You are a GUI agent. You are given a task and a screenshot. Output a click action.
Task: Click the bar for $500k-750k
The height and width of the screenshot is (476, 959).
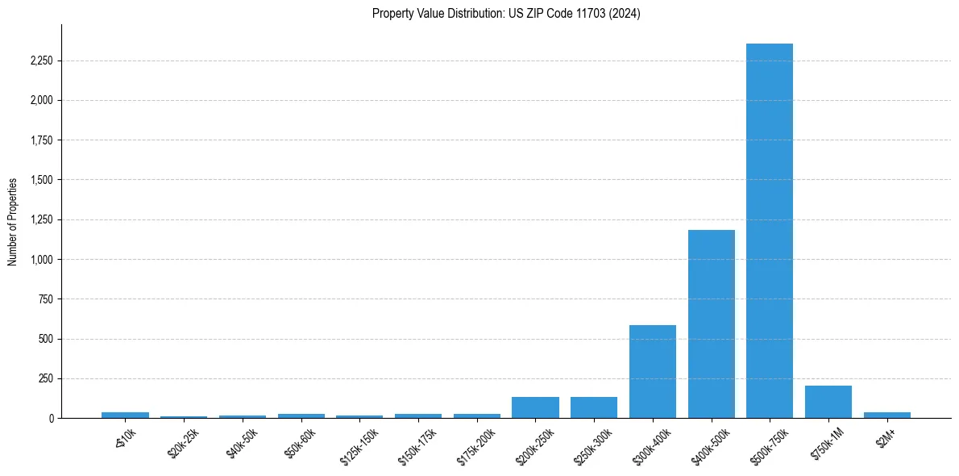770,231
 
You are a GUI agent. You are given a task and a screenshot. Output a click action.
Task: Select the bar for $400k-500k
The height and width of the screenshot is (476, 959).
711,324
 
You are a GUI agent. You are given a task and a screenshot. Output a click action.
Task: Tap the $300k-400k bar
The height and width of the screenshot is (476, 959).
653,372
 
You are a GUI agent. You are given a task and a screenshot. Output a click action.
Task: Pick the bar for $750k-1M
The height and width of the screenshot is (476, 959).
828,402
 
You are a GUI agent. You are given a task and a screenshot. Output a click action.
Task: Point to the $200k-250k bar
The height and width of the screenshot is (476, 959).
535,407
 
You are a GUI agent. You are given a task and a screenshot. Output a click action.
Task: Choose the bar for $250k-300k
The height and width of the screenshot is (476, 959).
594,407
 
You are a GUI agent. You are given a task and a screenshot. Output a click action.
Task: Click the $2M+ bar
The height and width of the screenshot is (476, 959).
886,415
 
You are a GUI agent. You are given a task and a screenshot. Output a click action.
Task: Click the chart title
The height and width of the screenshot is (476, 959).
506,14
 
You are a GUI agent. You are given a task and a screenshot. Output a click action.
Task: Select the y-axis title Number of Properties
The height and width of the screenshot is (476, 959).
13,221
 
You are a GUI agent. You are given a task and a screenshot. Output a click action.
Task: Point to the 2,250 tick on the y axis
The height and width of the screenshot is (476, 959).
40,61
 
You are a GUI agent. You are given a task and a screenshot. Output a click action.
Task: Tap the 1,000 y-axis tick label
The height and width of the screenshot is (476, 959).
40,260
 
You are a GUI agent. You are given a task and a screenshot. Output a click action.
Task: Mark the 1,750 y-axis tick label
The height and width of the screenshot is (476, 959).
40,140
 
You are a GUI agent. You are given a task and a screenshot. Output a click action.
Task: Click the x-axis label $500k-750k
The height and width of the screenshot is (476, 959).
765,445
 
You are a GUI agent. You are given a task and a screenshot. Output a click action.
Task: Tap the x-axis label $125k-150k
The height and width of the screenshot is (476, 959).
355,445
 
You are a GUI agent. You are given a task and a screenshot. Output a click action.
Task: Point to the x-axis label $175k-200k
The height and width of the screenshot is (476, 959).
472,445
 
